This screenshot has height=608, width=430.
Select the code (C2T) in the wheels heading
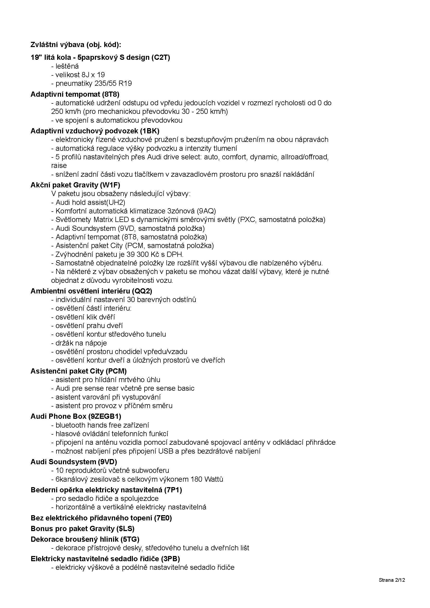point(161,57)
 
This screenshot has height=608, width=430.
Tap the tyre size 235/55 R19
point(113,83)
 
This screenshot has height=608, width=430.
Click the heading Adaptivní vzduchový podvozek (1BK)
point(95,131)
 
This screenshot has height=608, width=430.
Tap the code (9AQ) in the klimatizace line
point(206,211)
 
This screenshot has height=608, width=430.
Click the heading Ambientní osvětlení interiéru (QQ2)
point(91,291)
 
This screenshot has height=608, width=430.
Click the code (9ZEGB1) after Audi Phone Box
point(105,416)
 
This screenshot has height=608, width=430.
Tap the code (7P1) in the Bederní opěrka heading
point(173,490)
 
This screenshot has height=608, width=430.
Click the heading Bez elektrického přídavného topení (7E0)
point(101,518)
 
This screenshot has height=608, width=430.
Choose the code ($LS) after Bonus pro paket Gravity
point(125,528)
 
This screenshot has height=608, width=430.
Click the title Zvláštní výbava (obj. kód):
point(76,45)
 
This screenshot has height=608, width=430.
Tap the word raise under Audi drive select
point(59,166)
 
